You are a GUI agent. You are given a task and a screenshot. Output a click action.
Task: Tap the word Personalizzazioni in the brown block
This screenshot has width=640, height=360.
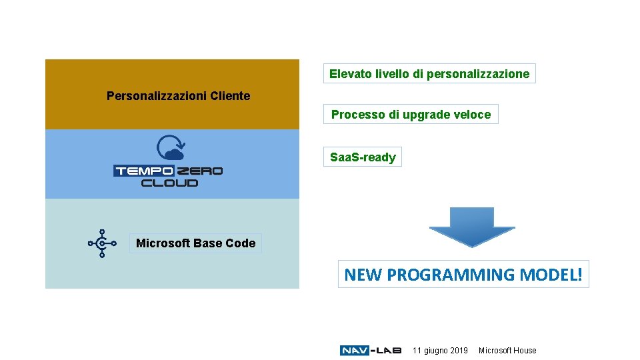(x=157, y=96)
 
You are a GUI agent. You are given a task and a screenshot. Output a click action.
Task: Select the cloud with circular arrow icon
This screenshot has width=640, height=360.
(x=170, y=148)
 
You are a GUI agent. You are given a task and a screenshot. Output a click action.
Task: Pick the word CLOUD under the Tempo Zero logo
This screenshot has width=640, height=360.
(x=170, y=182)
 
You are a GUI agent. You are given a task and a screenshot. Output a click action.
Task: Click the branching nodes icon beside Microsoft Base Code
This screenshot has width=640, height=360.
(x=102, y=243)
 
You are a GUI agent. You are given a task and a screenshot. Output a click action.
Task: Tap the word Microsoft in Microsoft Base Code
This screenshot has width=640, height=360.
(x=163, y=243)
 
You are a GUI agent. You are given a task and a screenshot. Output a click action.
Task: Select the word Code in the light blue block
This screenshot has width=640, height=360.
(x=241, y=243)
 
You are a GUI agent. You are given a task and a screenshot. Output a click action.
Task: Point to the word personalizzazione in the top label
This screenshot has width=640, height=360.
(x=478, y=74)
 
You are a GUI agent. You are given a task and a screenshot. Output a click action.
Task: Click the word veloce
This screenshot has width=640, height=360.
(x=474, y=115)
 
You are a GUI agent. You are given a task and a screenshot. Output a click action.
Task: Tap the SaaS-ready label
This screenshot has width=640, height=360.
(x=363, y=157)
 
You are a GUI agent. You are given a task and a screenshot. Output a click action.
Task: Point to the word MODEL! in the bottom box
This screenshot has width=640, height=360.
(x=551, y=274)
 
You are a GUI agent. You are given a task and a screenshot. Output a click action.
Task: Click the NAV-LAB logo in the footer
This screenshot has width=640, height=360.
(x=370, y=351)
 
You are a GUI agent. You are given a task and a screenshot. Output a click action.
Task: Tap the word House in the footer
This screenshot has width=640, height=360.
(x=524, y=351)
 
